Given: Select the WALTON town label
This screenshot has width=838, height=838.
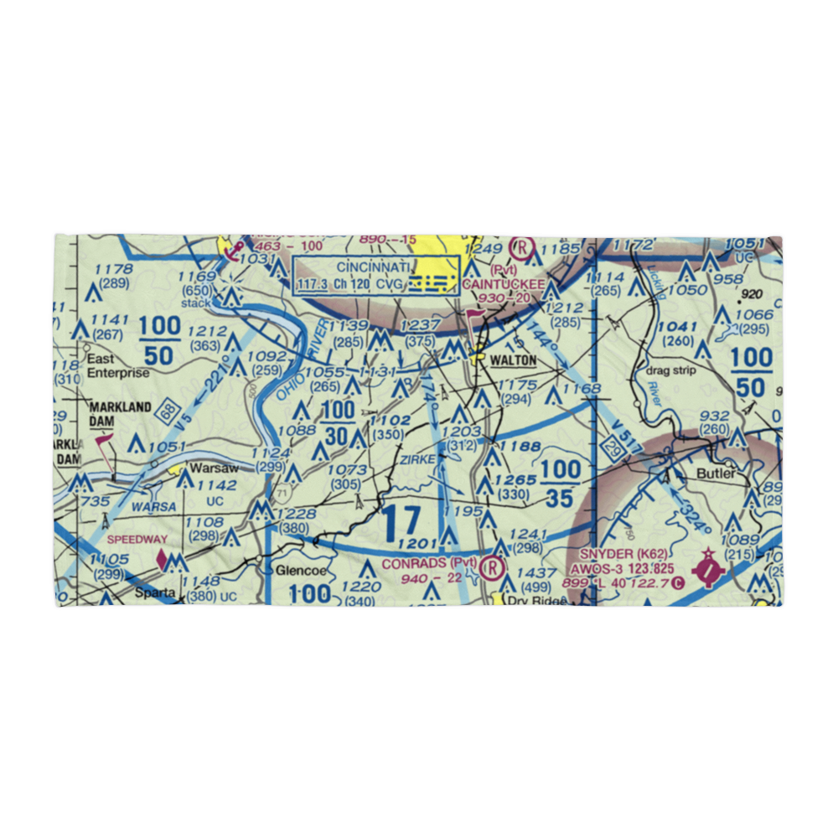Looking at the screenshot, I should click(x=514, y=360).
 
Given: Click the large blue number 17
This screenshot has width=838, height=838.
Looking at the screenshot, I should click(x=400, y=525).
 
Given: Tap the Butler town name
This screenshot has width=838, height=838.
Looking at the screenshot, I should click(x=716, y=473).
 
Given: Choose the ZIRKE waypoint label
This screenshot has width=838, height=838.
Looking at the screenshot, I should click(x=416, y=460).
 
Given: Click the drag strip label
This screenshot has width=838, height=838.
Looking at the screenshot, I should click(x=665, y=370).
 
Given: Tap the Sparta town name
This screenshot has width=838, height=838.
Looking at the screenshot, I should click(x=157, y=592).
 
